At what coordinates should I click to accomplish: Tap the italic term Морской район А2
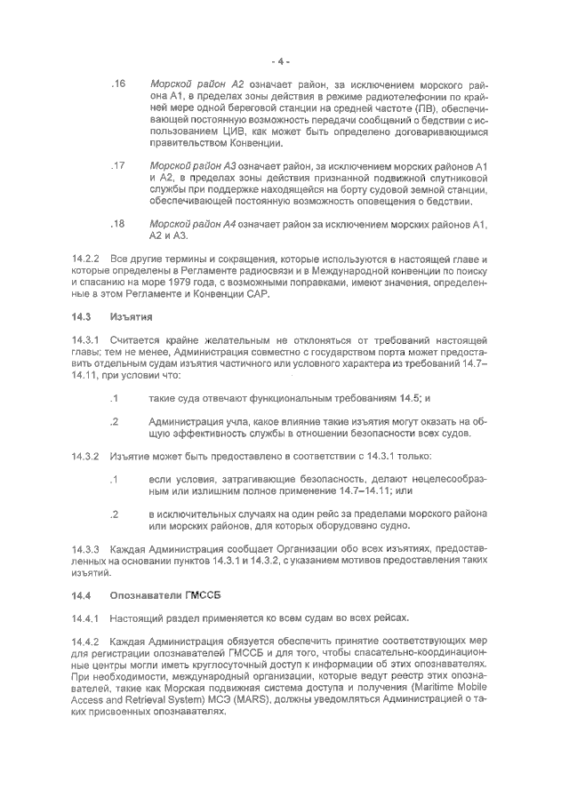coord(196,84)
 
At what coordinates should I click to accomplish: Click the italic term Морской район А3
coord(196,166)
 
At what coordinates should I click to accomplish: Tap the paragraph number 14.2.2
coord(86,259)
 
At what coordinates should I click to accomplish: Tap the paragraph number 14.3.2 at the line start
coord(86,456)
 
